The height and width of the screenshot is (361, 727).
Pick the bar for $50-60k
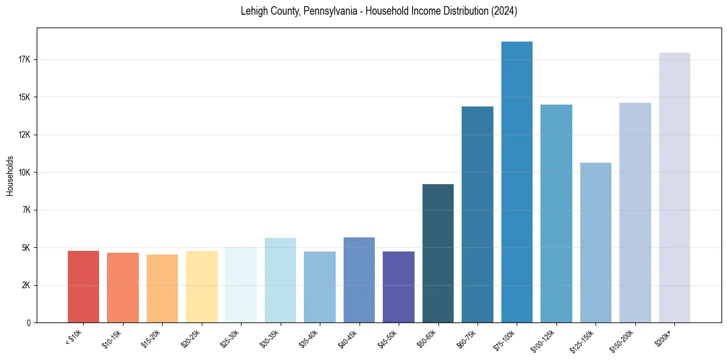pos(438,253)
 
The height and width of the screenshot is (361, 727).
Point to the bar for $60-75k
pos(478,214)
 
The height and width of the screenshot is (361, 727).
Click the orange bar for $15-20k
pos(162,288)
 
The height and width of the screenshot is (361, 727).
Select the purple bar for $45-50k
pos(399,287)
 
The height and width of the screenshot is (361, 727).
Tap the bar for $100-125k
pos(556,214)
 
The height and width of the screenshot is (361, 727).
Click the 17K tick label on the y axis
pos(28,60)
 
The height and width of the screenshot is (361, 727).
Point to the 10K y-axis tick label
pos(28,173)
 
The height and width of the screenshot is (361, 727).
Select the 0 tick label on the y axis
pos(30,322)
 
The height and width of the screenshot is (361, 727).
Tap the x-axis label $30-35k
pos(270,338)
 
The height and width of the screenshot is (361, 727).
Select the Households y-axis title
pos(10,176)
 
